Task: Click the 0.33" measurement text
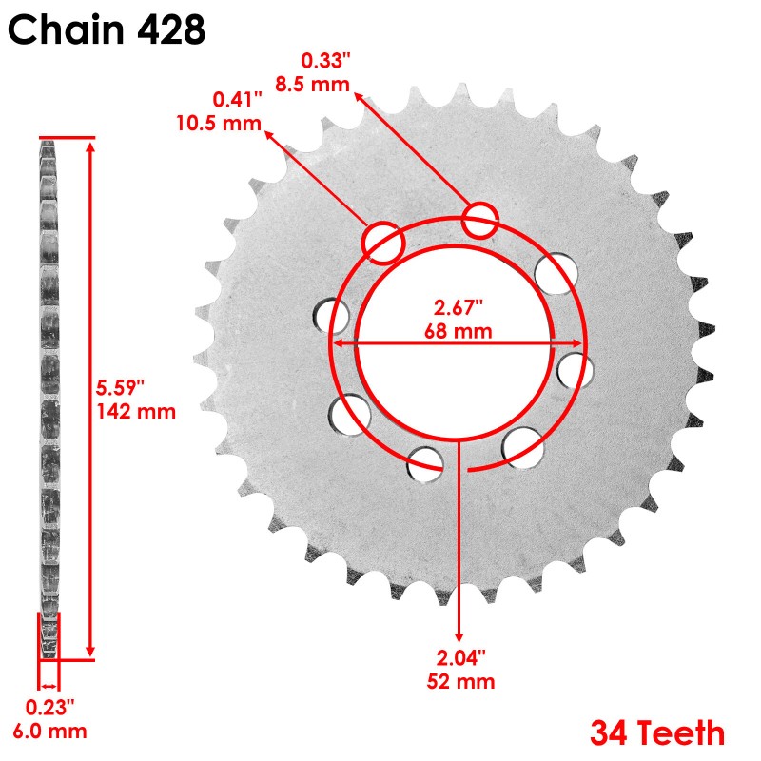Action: (325, 60)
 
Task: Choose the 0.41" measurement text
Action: (234, 99)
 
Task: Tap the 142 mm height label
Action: (136, 411)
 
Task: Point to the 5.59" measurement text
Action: (121, 388)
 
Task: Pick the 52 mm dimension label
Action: (462, 681)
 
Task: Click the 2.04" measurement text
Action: (460, 657)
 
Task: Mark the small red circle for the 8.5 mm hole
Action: (480, 221)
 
